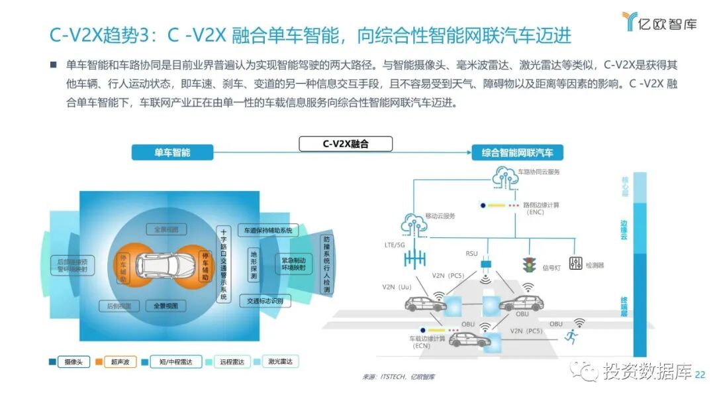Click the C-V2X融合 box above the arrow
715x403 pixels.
click(346, 144)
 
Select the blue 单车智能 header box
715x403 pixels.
click(172, 152)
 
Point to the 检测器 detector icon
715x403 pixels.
click(575, 262)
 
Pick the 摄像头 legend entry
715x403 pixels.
click(68, 362)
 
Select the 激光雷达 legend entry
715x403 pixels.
click(277, 361)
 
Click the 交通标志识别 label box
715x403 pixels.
click(263, 301)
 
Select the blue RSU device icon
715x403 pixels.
click(487, 265)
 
